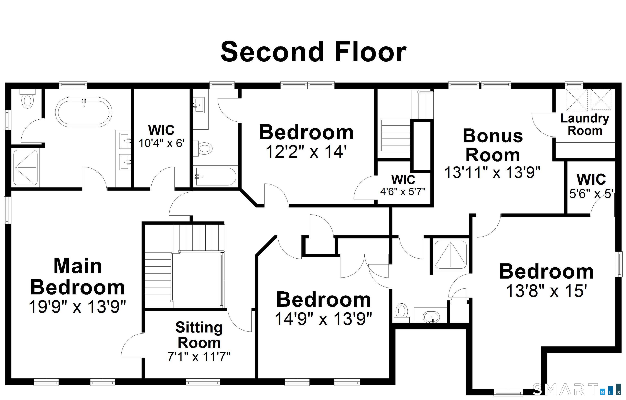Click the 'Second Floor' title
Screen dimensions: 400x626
[313, 52]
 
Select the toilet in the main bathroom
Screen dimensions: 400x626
[27, 100]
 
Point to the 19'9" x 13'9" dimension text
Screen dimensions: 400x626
[77, 307]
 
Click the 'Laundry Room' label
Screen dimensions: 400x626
[585, 125]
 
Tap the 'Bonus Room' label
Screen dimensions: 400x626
[493, 145]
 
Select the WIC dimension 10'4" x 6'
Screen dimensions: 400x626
[161, 143]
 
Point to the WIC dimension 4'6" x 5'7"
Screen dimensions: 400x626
[403, 192]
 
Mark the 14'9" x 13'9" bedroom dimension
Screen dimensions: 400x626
[323, 319]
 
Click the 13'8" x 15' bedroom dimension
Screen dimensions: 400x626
[547, 291]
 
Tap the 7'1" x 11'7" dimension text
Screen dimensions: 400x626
[199, 357]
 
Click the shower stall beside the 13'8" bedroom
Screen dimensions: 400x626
[451, 255]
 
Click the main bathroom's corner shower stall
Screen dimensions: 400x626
[25, 168]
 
